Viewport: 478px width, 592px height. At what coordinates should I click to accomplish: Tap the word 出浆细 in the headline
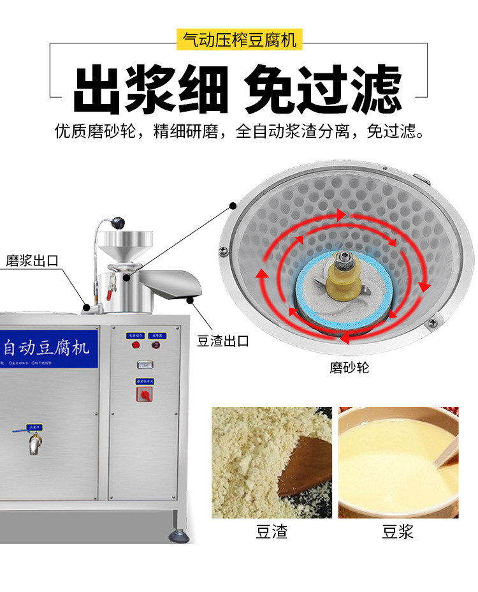point(150,89)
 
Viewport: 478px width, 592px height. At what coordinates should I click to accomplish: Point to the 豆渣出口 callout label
point(222,341)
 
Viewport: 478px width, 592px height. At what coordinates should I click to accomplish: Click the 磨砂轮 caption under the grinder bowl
point(349,368)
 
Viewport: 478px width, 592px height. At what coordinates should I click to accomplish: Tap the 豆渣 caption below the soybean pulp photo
point(272,531)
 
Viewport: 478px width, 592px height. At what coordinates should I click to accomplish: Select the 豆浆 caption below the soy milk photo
point(398,531)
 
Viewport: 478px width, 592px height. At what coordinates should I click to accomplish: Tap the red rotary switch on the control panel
point(144,396)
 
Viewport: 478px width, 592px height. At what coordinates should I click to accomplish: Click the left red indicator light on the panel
point(136,345)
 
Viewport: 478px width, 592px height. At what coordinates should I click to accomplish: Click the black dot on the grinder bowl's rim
point(233,205)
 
